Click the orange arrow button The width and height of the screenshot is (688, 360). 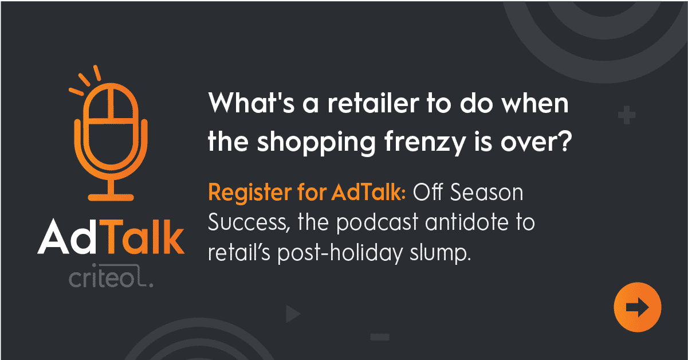(638, 307)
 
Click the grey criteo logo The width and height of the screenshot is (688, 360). (111, 276)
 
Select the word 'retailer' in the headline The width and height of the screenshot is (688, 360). (373, 103)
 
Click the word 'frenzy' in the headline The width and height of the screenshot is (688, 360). (425, 142)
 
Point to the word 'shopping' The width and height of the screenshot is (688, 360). (316, 143)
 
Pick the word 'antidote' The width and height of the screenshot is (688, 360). (467, 222)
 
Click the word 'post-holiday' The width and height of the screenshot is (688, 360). (340, 253)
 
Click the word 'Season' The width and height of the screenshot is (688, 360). (486, 193)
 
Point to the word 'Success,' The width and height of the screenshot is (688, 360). (249, 222)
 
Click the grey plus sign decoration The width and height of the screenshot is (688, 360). (627, 115)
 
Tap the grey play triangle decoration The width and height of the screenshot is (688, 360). (293, 314)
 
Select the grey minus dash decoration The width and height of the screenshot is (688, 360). (380, 337)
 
